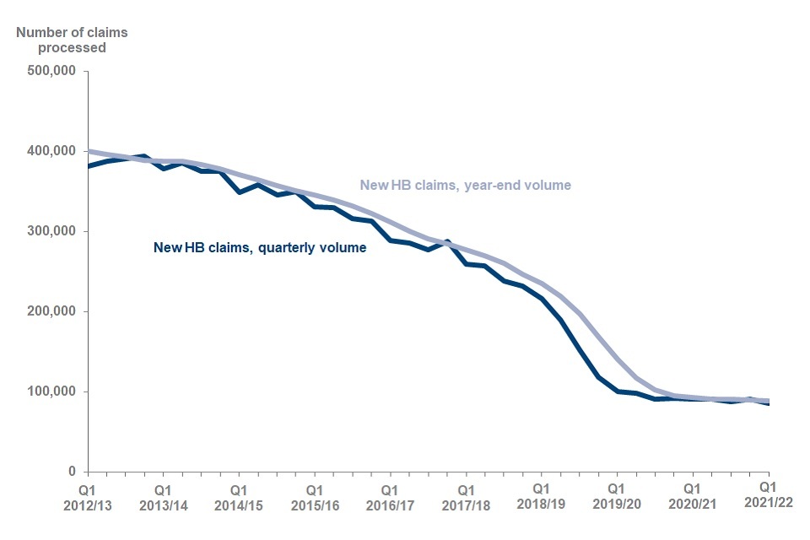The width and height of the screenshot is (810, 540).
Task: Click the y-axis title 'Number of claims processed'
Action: (62, 40)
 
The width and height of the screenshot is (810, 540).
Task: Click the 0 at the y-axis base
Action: (73, 472)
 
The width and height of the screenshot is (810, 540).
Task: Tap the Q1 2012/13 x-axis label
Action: (89, 496)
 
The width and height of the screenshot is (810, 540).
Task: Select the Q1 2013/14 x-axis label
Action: (164, 496)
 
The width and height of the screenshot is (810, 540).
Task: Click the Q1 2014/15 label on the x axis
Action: (239, 496)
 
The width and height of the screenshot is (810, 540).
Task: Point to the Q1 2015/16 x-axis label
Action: (315, 496)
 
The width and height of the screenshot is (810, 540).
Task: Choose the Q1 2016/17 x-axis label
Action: (390, 496)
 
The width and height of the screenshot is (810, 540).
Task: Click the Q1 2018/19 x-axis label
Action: (541, 496)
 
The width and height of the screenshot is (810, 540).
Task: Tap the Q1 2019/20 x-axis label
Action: (617, 496)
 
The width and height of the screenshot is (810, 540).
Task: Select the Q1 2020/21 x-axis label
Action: (692, 496)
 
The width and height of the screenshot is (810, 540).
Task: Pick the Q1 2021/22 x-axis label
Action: (767, 496)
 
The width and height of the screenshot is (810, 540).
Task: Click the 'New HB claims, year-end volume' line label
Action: (466, 185)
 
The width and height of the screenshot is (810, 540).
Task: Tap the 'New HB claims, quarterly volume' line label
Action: (260, 248)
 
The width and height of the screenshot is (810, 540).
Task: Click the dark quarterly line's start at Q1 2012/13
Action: (89, 166)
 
